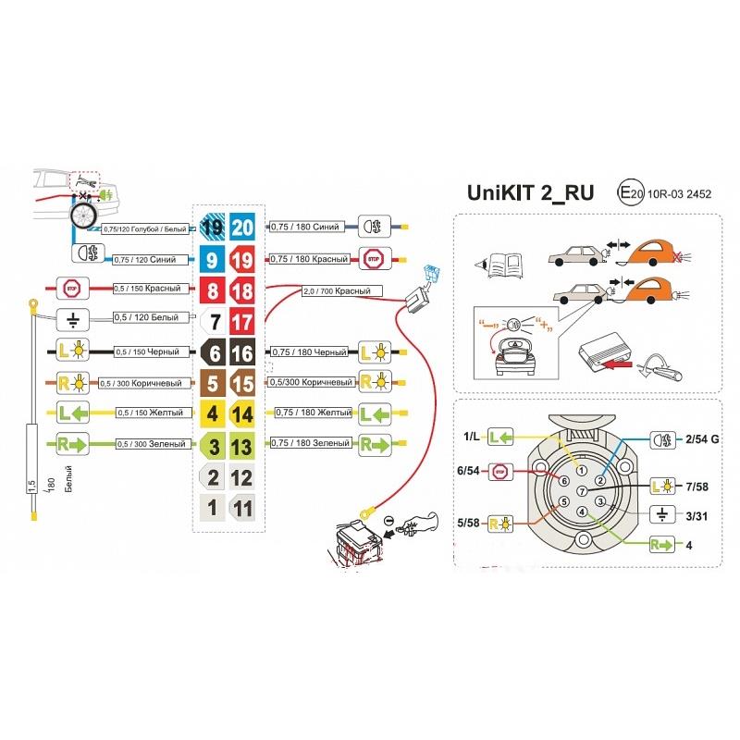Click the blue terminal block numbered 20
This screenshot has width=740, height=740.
click(x=242, y=227)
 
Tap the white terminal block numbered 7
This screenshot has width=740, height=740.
click(x=214, y=324)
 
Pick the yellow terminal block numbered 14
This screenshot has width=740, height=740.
click(x=242, y=414)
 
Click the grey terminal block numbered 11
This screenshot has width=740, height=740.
click(x=242, y=508)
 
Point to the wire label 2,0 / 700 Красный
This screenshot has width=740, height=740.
click(x=342, y=291)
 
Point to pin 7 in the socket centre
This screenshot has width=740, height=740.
click(x=581, y=490)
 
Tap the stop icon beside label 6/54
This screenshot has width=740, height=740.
click(x=499, y=471)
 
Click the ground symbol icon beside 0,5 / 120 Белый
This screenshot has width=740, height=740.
click(x=72, y=320)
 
